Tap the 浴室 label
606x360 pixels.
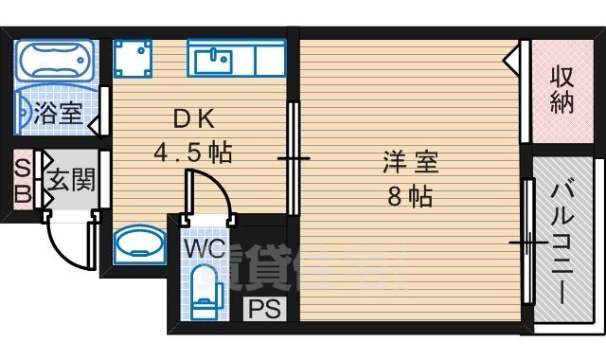58,116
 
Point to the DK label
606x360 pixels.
194,119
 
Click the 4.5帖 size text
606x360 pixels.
194,152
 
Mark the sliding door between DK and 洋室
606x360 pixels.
294,159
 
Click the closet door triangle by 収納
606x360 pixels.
512,62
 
